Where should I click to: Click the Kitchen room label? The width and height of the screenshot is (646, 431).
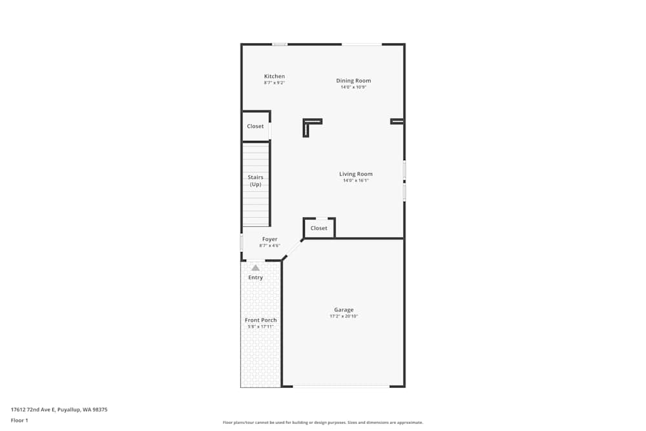(274, 76)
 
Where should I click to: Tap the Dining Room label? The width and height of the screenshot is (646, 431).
(353, 81)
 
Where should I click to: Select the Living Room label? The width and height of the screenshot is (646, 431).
(356, 174)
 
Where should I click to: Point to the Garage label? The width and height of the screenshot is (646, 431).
(344, 310)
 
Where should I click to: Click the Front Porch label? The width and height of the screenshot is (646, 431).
(260, 321)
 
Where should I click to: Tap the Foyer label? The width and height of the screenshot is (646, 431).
(269, 239)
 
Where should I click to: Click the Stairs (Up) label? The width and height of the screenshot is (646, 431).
(256, 180)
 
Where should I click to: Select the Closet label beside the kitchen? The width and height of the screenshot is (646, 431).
(255, 127)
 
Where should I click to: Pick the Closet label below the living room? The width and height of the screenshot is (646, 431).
(318, 228)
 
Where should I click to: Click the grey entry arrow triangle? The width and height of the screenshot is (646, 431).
(255, 268)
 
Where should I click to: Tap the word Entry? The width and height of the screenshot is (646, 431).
(255, 278)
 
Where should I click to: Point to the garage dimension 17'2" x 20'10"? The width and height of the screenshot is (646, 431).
(344, 317)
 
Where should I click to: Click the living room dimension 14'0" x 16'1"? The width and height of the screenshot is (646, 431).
(356, 180)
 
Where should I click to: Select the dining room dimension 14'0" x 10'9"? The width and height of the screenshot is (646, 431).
(353, 87)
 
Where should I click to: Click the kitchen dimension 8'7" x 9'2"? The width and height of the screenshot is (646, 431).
(274, 83)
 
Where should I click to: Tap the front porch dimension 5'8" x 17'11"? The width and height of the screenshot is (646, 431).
(260, 327)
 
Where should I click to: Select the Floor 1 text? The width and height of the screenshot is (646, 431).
(20, 420)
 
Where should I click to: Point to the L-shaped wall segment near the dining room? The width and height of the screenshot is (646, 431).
(309, 124)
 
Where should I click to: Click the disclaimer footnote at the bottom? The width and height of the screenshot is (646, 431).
(323, 423)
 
